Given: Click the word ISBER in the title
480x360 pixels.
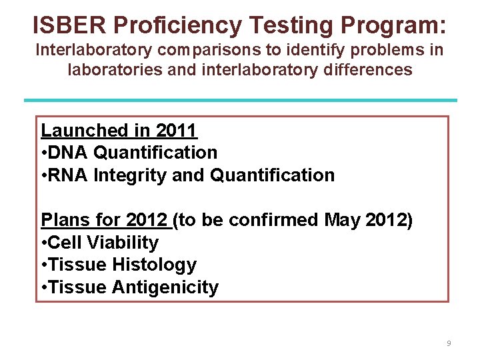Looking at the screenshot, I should pyautogui.click(x=70, y=25).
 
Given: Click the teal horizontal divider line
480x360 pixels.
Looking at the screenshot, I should pyautogui.click(x=240, y=100).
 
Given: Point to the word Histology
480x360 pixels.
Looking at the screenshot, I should pyautogui.click(x=154, y=265).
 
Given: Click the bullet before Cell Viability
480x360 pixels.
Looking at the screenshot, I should pyautogui.click(x=43, y=243).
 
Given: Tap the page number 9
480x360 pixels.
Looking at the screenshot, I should pyautogui.click(x=449, y=343).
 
